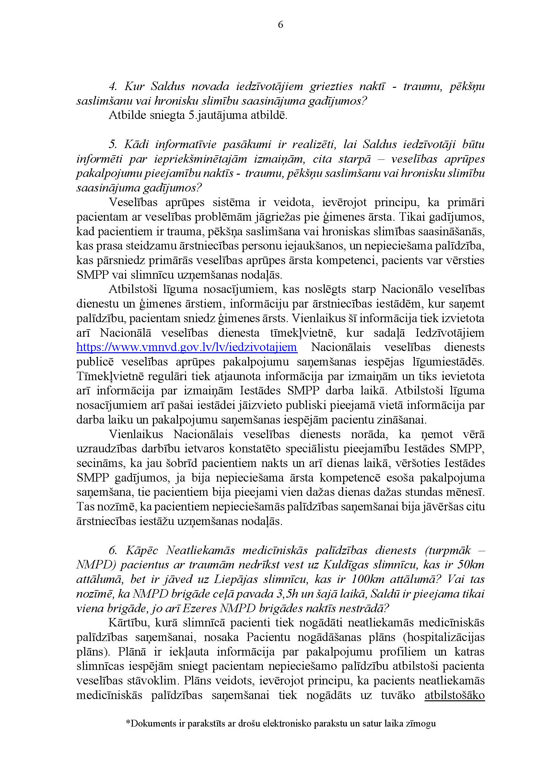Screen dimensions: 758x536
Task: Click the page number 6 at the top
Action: (281, 25)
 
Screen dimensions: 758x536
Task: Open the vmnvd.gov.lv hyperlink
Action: (186, 347)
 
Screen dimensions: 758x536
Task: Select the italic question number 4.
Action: (112, 87)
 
